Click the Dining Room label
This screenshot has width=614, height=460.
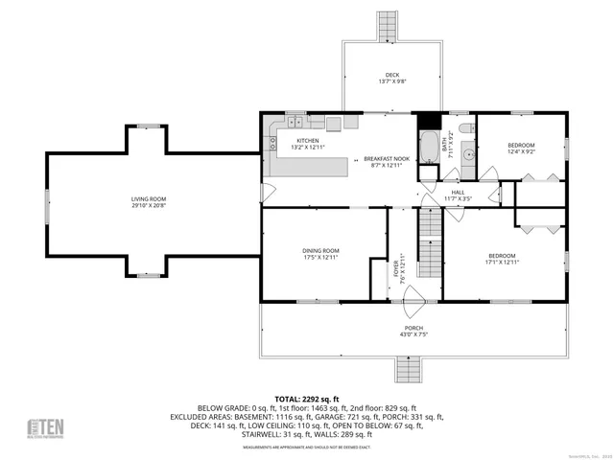coord(321,254)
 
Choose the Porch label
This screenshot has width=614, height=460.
coord(413,332)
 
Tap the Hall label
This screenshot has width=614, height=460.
coord(459,195)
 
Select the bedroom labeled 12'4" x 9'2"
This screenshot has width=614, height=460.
coord(521,149)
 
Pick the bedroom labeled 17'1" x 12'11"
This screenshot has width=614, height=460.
coord(502,259)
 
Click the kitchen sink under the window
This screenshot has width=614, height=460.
coord(294,125)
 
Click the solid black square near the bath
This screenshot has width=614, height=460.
coord(429,122)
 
